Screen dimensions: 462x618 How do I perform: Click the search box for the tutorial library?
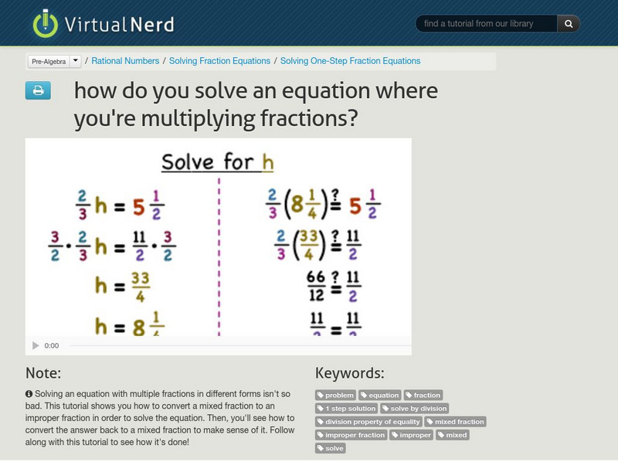pos(487,24)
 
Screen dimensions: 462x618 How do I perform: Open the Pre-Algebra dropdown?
pos(54,61)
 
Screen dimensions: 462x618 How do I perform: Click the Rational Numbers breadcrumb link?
pos(126,61)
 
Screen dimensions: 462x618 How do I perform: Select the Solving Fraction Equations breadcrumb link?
pos(219,61)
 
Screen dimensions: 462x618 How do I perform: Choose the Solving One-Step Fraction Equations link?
pos(350,61)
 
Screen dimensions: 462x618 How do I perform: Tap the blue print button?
pos(38,91)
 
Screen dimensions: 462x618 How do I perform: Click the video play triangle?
pos(36,345)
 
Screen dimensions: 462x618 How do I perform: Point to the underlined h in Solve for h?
pos(268,162)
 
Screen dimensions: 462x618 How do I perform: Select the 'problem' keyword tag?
pos(336,396)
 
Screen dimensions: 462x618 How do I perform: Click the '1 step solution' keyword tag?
pos(347,408)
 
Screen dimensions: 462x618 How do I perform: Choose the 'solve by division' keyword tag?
pos(415,408)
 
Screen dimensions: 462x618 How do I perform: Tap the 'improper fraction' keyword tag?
pos(351,435)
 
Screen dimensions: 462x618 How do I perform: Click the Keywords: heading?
pos(349,373)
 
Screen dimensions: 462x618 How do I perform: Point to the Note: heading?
pos(43,373)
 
